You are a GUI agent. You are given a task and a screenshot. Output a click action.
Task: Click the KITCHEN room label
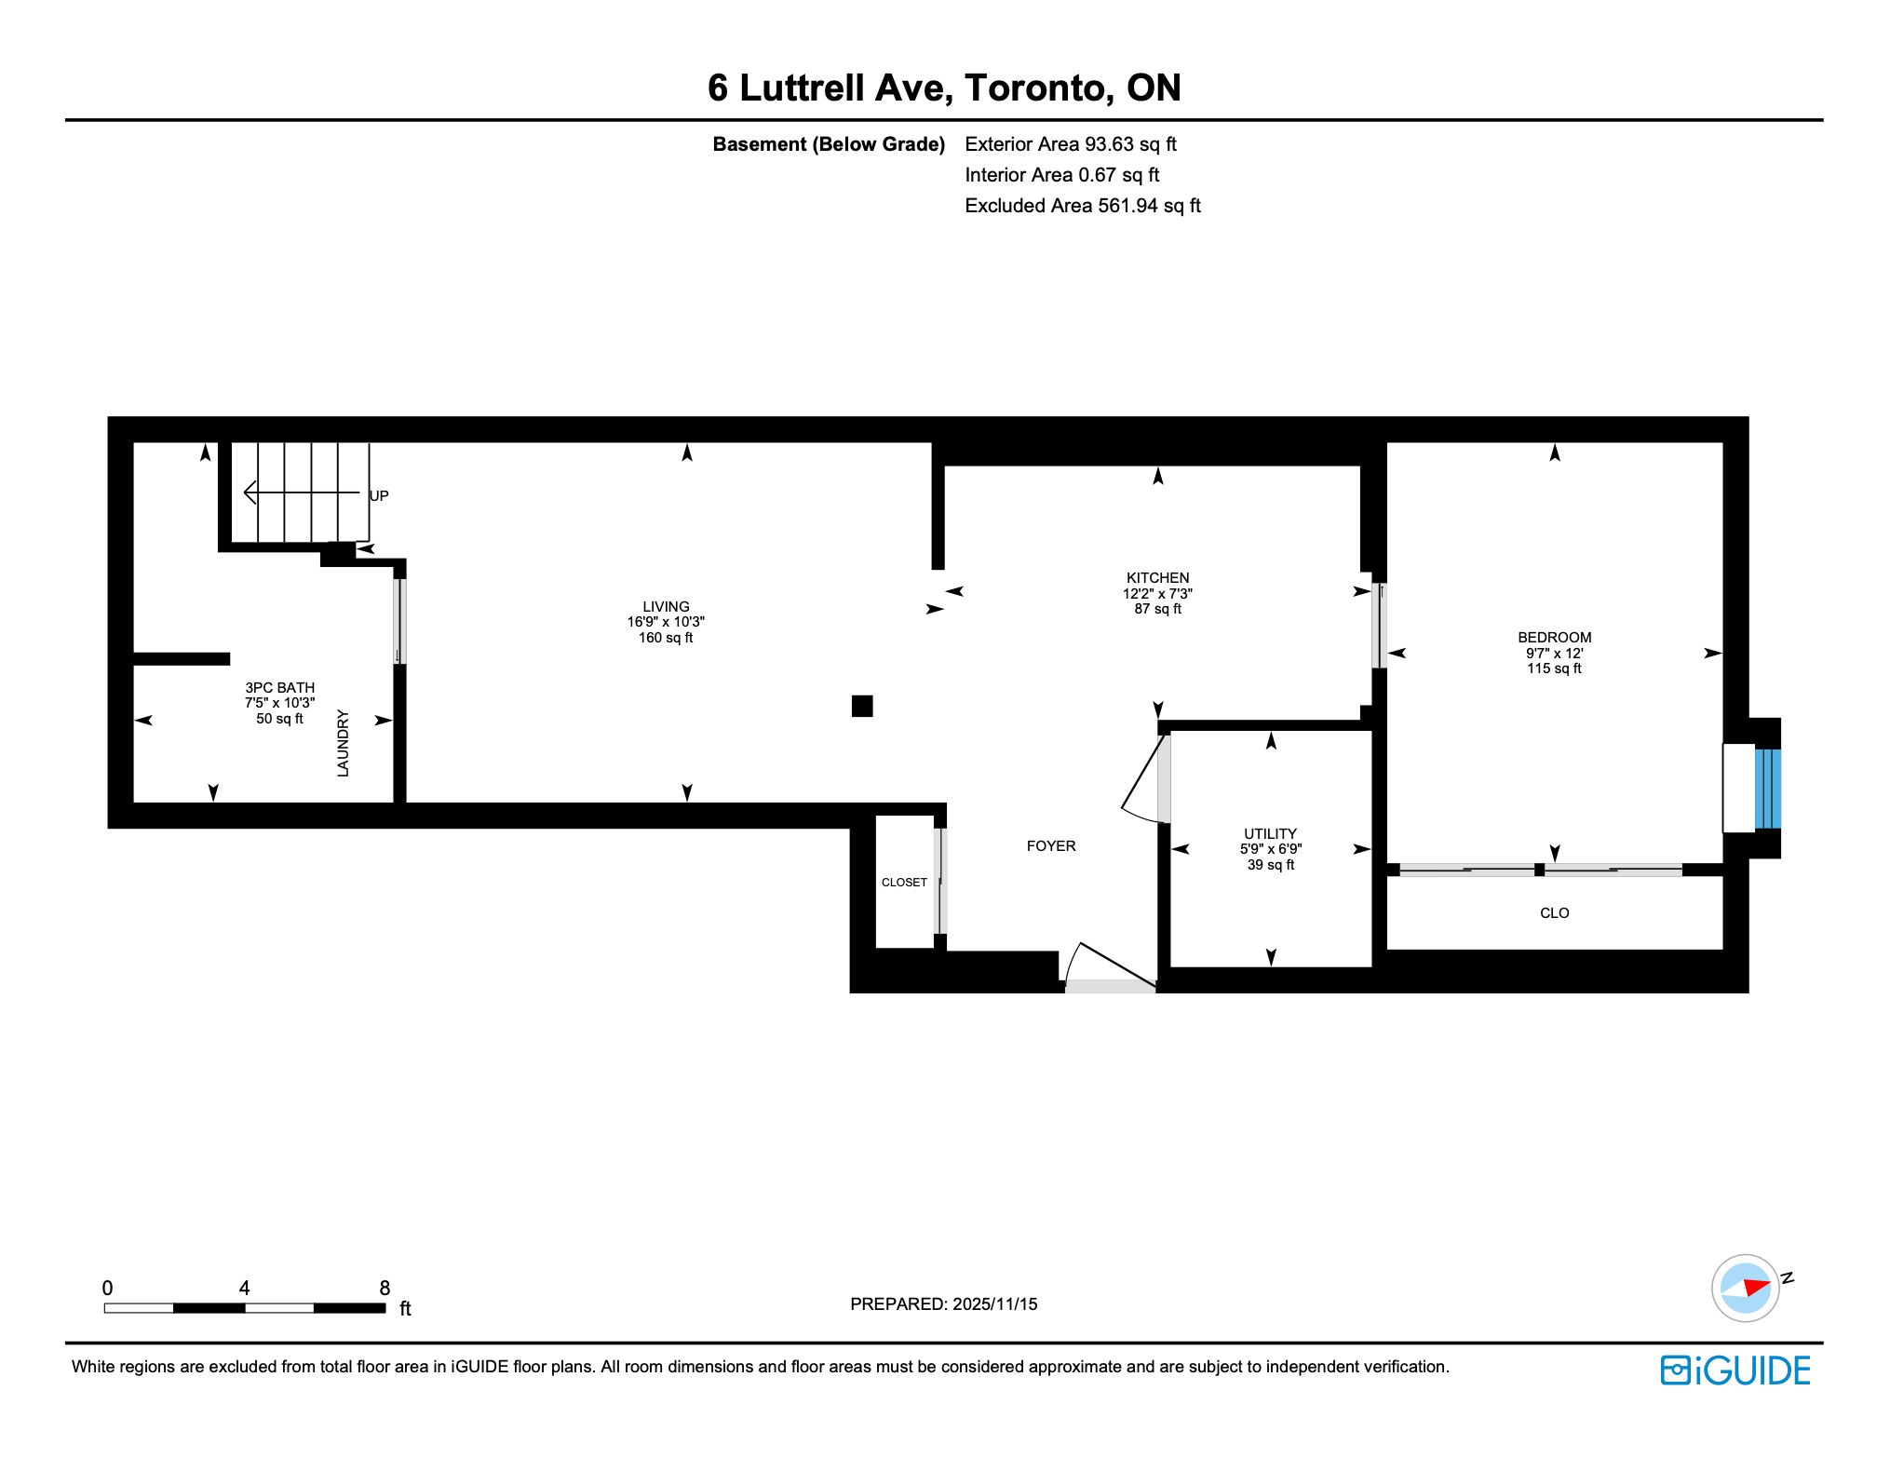coord(1157,578)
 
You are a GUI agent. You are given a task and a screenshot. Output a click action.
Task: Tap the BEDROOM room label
coord(1554,638)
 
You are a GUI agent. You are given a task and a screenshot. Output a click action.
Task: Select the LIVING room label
coord(666,607)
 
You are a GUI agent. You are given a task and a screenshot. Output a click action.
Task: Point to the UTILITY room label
coord(1270,834)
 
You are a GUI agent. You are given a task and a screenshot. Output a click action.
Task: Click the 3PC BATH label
coord(279,688)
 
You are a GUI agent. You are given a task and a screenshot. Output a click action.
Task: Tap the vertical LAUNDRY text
coord(343,743)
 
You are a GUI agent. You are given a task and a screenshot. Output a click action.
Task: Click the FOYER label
coord(1051,846)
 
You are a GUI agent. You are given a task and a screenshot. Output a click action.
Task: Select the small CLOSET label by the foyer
coord(904,883)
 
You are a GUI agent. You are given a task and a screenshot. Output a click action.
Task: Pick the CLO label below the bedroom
coord(1554,913)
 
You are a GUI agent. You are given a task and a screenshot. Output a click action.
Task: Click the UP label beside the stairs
coord(379,496)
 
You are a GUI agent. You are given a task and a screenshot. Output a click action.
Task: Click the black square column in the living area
coord(862,706)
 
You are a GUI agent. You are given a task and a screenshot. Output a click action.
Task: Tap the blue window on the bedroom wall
coord(1767,789)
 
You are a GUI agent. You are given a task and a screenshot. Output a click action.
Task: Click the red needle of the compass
coord(1756,1287)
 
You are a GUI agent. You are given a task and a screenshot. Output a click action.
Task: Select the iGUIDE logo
coord(1735,1370)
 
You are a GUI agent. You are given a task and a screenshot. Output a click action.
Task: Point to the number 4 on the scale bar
coord(244,1289)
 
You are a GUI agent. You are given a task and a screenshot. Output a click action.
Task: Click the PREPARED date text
coord(943,1304)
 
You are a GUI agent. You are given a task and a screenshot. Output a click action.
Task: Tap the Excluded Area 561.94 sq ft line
coord(1083,206)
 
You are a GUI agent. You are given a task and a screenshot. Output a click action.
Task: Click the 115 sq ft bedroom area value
coord(1554,668)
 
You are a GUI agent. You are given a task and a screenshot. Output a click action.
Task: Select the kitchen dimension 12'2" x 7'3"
coord(1157,593)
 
